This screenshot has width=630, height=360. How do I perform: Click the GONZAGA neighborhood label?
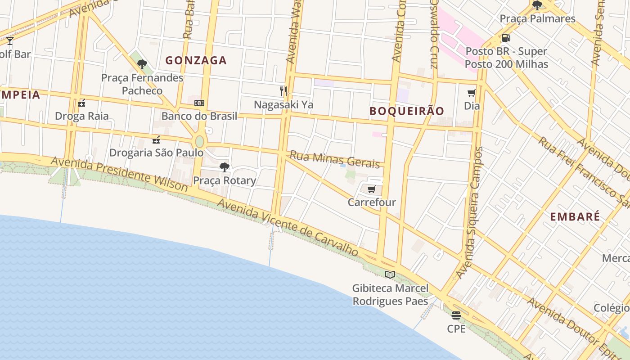coord(196,60)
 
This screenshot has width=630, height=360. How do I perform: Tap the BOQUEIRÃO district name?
coord(407,111)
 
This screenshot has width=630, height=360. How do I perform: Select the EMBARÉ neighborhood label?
coord(575,216)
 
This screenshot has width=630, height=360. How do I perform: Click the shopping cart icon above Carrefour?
coord(371,189)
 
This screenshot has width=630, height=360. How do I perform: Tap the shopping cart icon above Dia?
coord(471,93)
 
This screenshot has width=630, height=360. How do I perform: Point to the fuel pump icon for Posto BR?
coord(506,38)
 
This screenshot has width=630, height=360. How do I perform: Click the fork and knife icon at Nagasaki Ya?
coord(283,91)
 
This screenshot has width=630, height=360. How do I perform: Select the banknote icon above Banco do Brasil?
coord(199,103)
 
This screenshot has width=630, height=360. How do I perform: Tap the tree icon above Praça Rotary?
coord(224,167)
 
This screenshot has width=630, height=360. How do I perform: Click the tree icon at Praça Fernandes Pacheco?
coord(142,64)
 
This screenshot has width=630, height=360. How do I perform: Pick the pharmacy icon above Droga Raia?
coord(81,103)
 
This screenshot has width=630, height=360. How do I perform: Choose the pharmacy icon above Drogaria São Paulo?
coord(156,140)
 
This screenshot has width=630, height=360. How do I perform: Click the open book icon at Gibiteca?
coord(390,274)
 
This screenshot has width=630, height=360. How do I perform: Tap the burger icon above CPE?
coord(456,315)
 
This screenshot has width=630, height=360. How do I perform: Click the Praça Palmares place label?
coord(537,19)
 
